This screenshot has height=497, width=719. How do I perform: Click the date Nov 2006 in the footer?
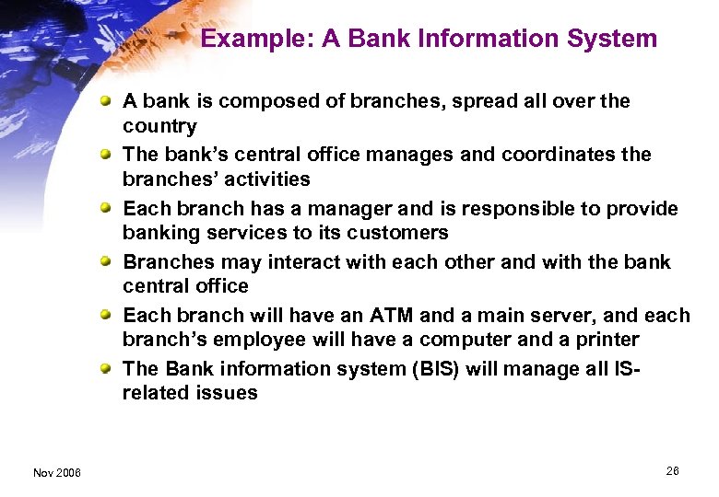coord(56,473)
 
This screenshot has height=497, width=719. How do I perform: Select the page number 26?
coord(672,471)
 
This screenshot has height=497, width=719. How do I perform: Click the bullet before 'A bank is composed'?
coord(109,101)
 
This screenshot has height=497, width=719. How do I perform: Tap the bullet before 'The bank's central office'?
coord(109,155)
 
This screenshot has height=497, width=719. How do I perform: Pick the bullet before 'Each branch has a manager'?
coord(109,208)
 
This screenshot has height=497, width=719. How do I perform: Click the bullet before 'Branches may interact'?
coord(109,261)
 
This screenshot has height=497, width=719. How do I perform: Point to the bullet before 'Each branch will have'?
coord(109,315)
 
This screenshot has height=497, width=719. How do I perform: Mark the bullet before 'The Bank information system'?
coord(109,368)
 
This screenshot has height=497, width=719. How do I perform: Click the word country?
coord(159,126)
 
